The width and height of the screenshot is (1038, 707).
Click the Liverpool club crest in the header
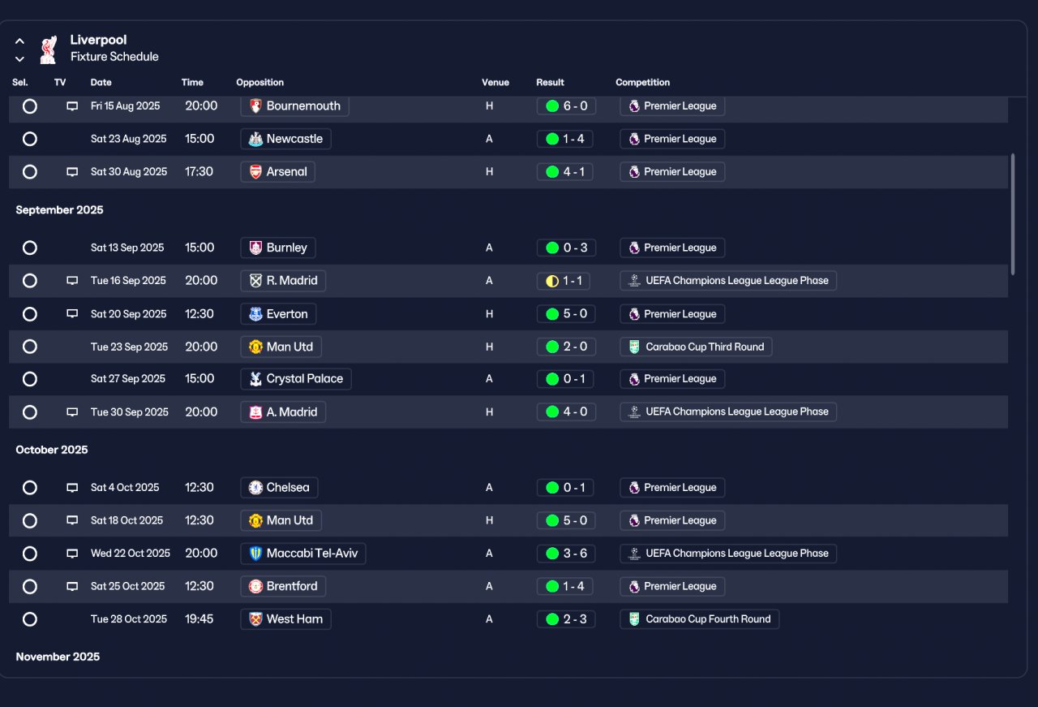pyautogui.click(x=48, y=50)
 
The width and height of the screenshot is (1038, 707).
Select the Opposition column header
pyautogui.click(x=259, y=82)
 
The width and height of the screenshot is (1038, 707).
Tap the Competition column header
pyautogui.click(x=642, y=82)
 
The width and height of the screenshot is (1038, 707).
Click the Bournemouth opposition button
pyautogui.click(x=294, y=106)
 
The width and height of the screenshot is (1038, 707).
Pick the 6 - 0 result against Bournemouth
pyautogui.click(x=566, y=106)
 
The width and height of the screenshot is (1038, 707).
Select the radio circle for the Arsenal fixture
pyautogui.click(x=30, y=171)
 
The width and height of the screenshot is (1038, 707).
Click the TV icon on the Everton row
pyautogui.click(x=72, y=313)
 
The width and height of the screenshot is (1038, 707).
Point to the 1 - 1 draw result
pyautogui.click(x=564, y=281)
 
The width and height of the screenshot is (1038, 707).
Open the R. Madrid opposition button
pyautogui.click(x=283, y=281)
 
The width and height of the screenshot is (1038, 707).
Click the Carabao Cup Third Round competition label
pyautogui.click(x=696, y=347)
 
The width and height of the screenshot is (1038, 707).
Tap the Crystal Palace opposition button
pyautogui.click(x=296, y=378)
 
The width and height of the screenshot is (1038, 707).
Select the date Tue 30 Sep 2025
pyautogui.click(x=129, y=412)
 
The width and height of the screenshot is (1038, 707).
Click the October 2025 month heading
pyautogui.click(x=51, y=450)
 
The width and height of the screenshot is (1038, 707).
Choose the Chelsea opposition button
pyautogui.click(x=279, y=488)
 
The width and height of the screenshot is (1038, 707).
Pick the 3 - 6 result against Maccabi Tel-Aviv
pyautogui.click(x=566, y=553)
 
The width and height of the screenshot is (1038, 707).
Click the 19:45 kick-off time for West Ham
pyautogui.click(x=199, y=619)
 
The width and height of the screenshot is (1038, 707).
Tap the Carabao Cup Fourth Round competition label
pyautogui.click(x=699, y=619)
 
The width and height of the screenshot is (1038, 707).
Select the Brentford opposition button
pyautogui.click(x=283, y=586)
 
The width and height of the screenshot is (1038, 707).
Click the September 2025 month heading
pyautogui.click(x=59, y=209)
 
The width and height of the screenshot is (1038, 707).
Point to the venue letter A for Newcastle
pyautogui.click(x=489, y=139)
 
